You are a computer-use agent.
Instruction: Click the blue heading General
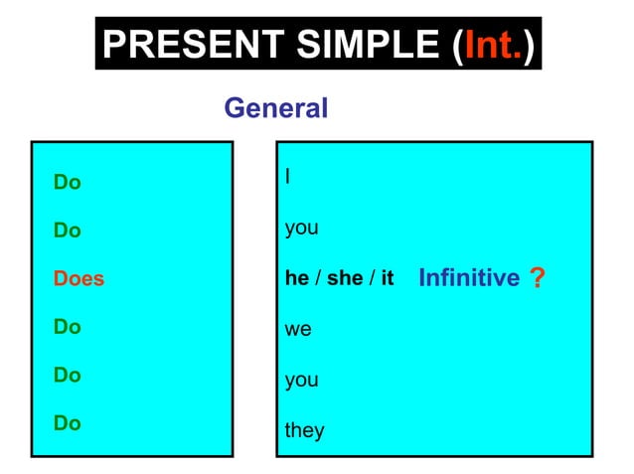click(x=275, y=108)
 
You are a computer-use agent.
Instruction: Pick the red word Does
click(x=79, y=279)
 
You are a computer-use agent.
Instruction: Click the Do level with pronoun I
click(x=68, y=183)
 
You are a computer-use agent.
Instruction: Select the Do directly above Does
click(x=68, y=231)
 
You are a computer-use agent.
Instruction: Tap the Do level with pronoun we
click(x=68, y=327)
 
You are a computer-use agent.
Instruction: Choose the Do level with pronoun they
click(x=68, y=423)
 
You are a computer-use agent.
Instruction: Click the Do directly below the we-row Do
click(x=68, y=376)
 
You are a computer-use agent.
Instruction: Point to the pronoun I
click(x=287, y=177)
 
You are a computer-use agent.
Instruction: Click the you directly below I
click(x=301, y=229)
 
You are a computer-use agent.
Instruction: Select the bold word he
click(x=297, y=278)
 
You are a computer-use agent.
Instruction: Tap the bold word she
click(x=345, y=278)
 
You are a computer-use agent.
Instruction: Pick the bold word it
click(x=387, y=278)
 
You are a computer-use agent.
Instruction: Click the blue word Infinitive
click(x=468, y=278)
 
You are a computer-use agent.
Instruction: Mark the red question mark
click(x=538, y=279)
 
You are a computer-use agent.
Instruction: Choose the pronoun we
click(x=298, y=329)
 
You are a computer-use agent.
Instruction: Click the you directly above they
click(x=301, y=381)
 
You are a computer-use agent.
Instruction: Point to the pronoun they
click(x=304, y=430)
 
